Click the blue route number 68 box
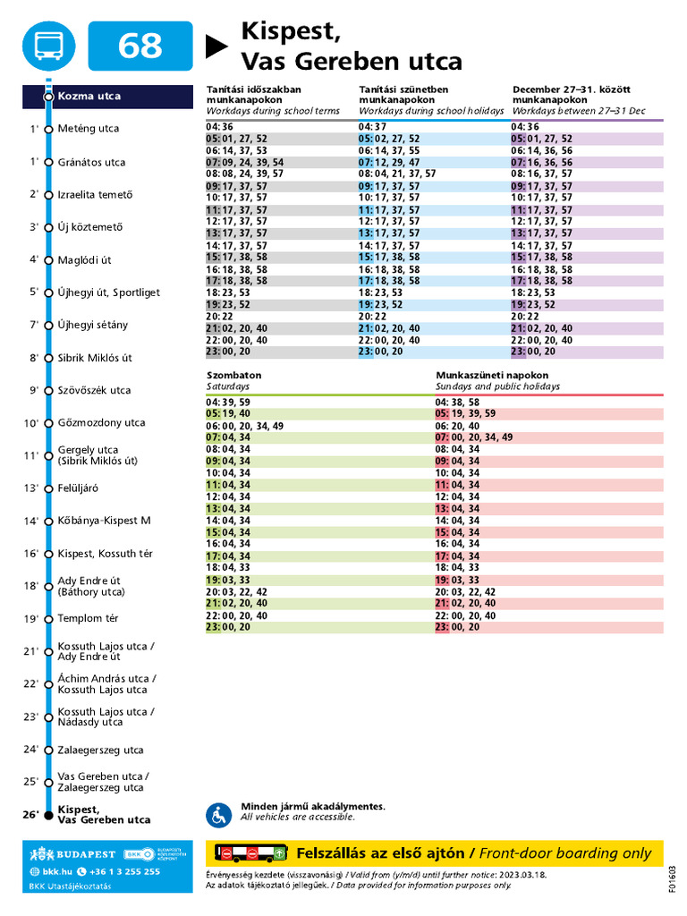pyautogui.click(x=140, y=46)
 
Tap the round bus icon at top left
pyautogui.click(x=49, y=46)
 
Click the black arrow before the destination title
pyautogui.click(x=216, y=47)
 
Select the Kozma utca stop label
pyautogui.click(x=89, y=97)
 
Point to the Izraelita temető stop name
pyautogui.click(x=95, y=194)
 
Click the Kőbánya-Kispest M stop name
pyautogui.click(x=104, y=521)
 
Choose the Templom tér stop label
pyautogui.click(x=88, y=618)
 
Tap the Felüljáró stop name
pyautogui.click(x=78, y=488)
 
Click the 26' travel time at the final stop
pyautogui.click(x=31, y=814)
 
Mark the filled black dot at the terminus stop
pyautogui.click(x=49, y=815)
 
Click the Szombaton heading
pyautogui.click(x=234, y=375)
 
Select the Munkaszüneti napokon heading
pyautogui.click(x=492, y=375)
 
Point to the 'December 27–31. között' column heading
pyautogui.click(x=572, y=89)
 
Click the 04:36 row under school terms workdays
pyautogui.click(x=220, y=127)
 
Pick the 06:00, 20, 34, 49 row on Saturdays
pyautogui.click(x=245, y=426)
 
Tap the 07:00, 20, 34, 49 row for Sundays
pyautogui.click(x=474, y=437)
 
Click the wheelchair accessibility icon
pyautogui.click(x=219, y=816)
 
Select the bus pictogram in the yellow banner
pyautogui.click(x=251, y=852)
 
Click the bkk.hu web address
pyautogui.click(x=51, y=871)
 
